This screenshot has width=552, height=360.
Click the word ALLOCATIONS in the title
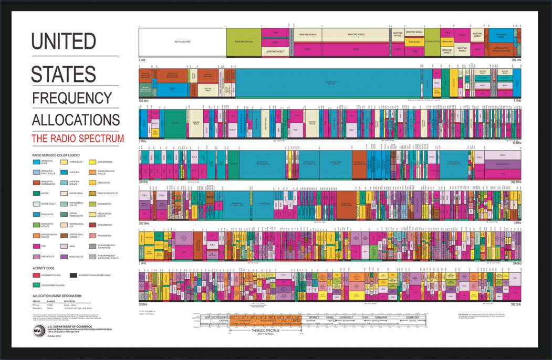(76, 119)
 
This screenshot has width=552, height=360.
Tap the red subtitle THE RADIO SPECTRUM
(78, 139)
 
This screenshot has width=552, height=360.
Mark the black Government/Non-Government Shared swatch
(73, 274)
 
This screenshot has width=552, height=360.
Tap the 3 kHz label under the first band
(142, 60)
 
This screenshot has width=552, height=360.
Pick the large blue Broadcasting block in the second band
(328, 83)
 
